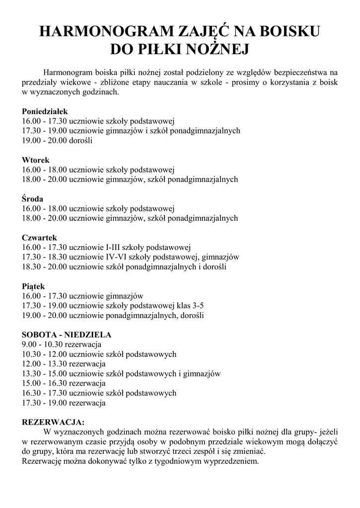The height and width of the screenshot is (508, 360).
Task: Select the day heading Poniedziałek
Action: point(45,112)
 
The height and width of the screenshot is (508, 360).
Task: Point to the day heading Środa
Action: point(33,199)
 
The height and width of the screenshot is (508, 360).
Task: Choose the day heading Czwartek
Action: point(40,238)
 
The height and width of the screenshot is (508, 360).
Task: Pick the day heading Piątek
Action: point(34,286)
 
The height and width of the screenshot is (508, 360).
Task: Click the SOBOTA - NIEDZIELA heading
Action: point(67,335)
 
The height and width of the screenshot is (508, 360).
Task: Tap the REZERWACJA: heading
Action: point(53,423)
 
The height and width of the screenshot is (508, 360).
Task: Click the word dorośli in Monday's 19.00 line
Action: point(81,140)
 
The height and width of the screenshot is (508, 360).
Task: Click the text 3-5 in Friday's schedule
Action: point(198,306)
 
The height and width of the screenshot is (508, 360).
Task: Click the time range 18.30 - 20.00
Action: point(45,267)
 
